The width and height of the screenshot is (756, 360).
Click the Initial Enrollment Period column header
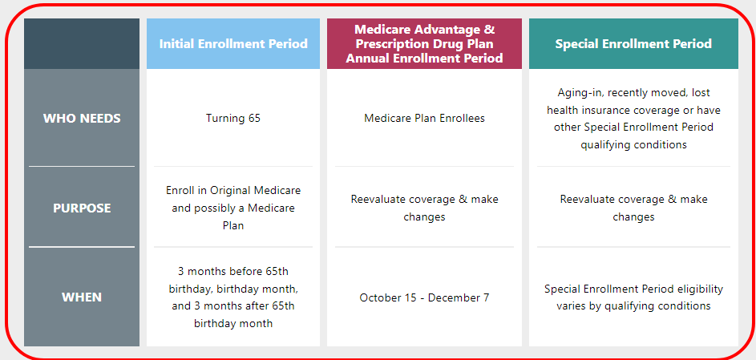coord(233,44)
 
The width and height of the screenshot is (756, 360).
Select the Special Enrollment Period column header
coord(633,44)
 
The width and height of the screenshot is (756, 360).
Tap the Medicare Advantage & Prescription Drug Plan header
coord(424,44)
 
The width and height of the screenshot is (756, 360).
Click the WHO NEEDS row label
coord(82,118)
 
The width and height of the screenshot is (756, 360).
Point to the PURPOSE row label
coord(82,208)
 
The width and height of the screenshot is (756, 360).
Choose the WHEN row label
coord(82,297)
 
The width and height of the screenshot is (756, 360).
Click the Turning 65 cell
coord(233,118)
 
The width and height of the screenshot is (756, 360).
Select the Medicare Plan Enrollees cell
coord(424,118)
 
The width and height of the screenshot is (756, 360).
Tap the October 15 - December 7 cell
coord(424,297)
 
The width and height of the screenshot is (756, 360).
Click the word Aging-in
coord(577,92)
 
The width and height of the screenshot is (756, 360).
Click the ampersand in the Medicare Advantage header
coord(489,30)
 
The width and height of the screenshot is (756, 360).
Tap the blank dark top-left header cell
coord(82,44)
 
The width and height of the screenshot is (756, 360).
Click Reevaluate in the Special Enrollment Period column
coord(586,199)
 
